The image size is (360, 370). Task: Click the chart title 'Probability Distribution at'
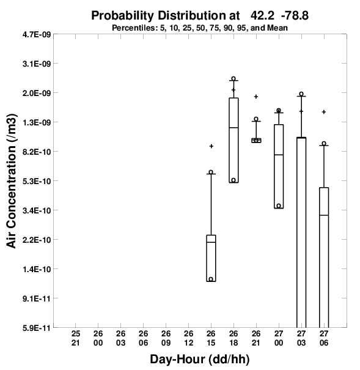coord(165,16)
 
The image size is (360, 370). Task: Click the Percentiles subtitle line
coord(200,28)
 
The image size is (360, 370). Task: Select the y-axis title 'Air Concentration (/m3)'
coord(12,181)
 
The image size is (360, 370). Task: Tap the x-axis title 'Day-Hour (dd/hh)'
coord(200,360)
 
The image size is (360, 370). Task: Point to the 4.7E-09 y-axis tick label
coord(37,35)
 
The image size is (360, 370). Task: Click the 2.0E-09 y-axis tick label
coord(37,93)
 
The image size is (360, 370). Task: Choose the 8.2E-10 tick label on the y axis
coord(37,152)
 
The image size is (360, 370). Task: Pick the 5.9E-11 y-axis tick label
coord(37,328)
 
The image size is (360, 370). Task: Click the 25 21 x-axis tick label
coord(76,338)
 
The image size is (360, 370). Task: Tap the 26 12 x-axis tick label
coord(189,338)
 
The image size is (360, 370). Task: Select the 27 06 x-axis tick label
coord(324,338)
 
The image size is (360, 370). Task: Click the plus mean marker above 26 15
coord(211,146)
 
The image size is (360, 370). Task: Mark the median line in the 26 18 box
coord(233,127)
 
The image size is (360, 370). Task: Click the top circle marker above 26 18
coord(233,78)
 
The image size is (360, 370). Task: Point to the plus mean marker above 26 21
coord(256,97)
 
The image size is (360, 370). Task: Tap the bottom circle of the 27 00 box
coord(279,205)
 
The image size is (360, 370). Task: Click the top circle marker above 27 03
coord(301,94)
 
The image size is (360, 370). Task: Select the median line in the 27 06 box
coord(324,215)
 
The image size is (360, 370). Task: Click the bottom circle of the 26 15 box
coord(211,279)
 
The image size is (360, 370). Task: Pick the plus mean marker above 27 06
coord(324,112)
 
